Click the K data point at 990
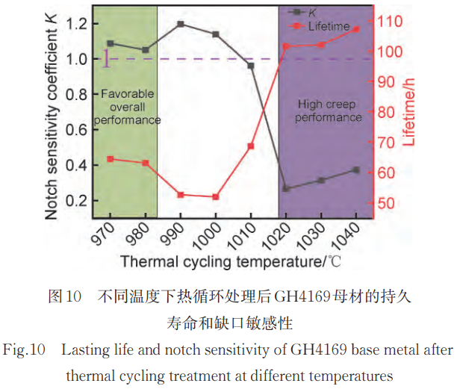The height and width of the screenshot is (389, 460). [181, 24]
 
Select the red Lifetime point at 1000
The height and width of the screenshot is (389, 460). [216, 197]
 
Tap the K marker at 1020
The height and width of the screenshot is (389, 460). [286, 188]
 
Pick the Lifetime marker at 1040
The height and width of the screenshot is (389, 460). [356, 29]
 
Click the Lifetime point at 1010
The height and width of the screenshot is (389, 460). [251, 146]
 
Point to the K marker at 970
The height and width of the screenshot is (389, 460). [111, 43]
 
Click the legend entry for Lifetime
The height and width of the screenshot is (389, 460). [329, 26]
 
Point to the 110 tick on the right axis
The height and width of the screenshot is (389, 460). [394, 21]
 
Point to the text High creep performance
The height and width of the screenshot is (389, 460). [329, 111]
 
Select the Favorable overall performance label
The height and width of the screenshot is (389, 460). [127, 107]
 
